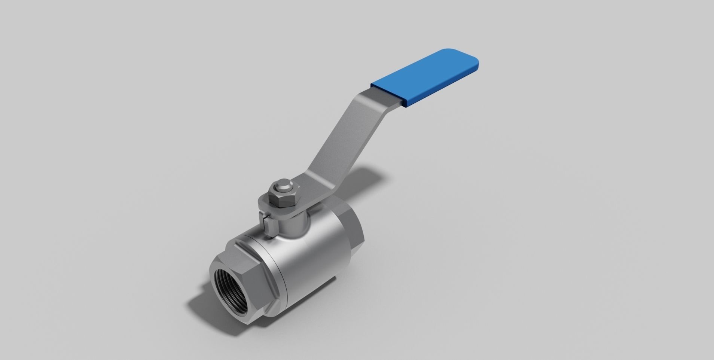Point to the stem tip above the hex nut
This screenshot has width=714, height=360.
click(281, 186)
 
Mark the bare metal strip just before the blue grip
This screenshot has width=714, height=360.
click(385, 94)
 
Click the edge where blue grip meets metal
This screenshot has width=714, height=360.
click(402, 98)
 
